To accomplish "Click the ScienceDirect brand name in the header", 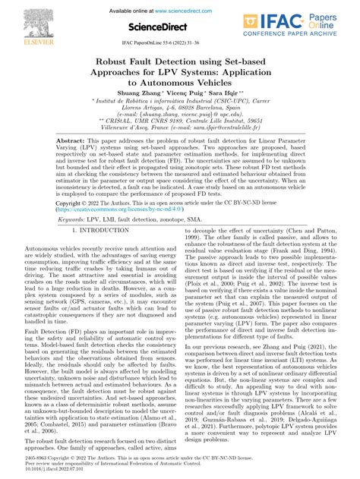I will pos(179,27).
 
